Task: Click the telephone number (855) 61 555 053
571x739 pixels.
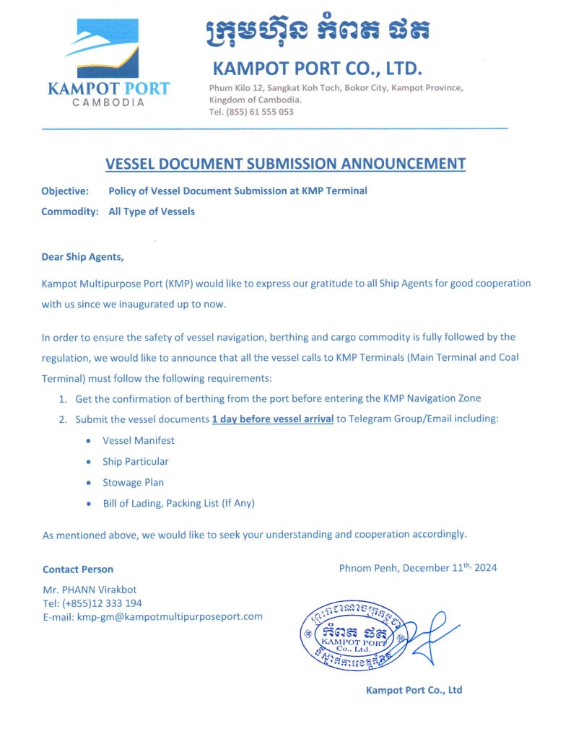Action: (x=260, y=112)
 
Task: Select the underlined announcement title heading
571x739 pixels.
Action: (x=285, y=164)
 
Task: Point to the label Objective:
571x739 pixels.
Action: (x=65, y=191)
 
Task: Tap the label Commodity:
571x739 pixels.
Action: (x=69, y=211)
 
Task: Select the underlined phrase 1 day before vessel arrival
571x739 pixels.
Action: (x=272, y=419)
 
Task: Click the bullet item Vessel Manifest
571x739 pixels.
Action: (x=139, y=440)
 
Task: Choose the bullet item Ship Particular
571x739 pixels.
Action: (x=136, y=461)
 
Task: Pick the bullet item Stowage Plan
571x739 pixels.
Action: (x=134, y=482)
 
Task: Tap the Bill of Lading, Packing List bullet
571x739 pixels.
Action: (x=178, y=503)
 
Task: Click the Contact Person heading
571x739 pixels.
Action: (x=78, y=569)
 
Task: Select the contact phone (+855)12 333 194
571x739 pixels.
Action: (x=92, y=603)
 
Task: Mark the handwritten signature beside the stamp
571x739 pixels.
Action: (x=433, y=634)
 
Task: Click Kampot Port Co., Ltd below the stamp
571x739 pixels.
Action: (x=414, y=690)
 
